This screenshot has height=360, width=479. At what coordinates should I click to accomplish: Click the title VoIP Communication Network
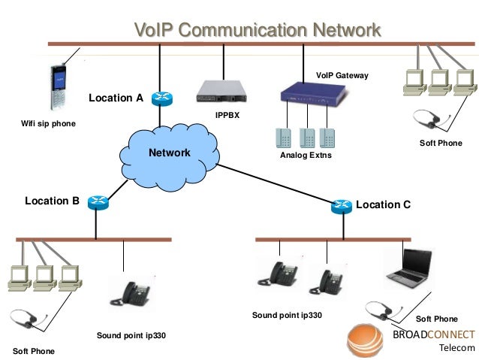(257, 31)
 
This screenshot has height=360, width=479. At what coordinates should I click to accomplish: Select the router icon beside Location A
(160, 98)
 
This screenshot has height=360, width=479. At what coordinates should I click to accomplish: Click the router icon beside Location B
(97, 201)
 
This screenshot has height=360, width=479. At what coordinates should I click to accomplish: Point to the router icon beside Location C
(342, 205)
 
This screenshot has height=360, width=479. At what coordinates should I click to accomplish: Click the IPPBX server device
(221, 91)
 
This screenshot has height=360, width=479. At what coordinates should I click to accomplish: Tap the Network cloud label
(169, 153)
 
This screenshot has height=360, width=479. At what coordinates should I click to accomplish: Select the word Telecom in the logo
(456, 348)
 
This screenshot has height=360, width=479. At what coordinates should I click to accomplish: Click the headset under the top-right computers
(432, 119)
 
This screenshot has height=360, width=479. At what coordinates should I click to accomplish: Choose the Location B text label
(52, 201)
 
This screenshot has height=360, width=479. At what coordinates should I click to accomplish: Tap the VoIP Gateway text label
(342, 76)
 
